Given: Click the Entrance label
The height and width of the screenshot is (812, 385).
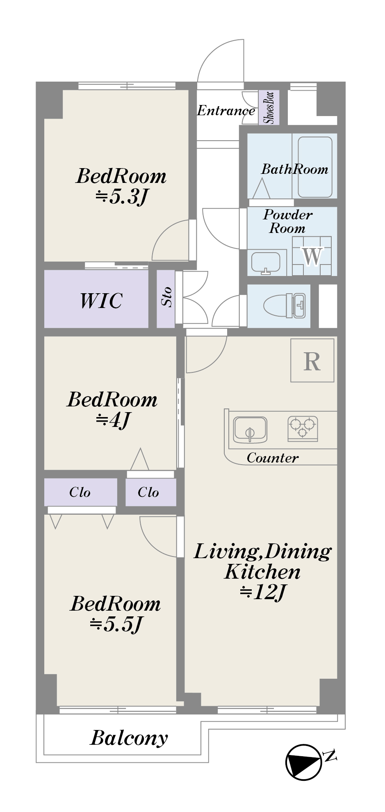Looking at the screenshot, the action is point(226,111).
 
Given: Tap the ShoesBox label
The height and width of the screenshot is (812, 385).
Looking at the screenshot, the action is point(269,107).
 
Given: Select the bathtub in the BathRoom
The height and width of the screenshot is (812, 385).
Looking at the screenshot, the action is point(315,167).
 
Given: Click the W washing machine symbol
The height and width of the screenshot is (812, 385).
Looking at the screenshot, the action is point(312,256).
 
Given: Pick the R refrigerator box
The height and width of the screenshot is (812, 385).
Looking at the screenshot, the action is point(312,360).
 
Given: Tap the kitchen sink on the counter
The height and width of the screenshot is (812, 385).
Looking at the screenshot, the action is point(250,430).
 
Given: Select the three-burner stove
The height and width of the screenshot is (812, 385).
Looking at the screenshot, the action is point(303,429).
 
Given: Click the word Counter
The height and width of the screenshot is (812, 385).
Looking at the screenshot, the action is point(273,458).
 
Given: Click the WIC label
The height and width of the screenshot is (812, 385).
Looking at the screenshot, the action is point(101,301).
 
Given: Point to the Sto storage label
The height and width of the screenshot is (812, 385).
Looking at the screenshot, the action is point(166,296).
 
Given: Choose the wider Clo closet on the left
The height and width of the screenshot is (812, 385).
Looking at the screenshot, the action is point(80,492).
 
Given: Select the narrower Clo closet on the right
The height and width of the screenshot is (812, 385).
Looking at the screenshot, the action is point(151,492).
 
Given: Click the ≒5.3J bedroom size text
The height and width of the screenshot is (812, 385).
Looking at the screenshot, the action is point(121,197).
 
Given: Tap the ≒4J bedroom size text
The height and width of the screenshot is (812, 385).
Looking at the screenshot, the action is point(113,420).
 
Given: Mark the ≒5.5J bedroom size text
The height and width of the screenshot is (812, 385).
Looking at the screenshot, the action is point(116,624).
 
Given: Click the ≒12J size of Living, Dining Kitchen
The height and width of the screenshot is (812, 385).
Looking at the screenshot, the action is point(262,592).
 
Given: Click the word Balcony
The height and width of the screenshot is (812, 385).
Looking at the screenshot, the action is point(129,739).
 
